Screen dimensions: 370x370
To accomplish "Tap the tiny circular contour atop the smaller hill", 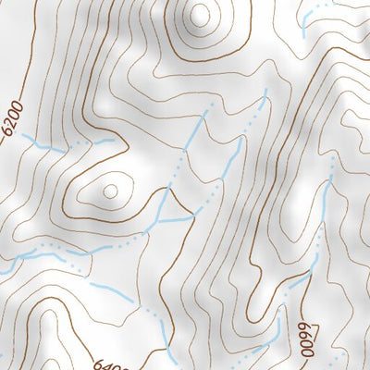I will coord(111,191).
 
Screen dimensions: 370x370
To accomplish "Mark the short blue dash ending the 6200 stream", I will coord(107,140).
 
